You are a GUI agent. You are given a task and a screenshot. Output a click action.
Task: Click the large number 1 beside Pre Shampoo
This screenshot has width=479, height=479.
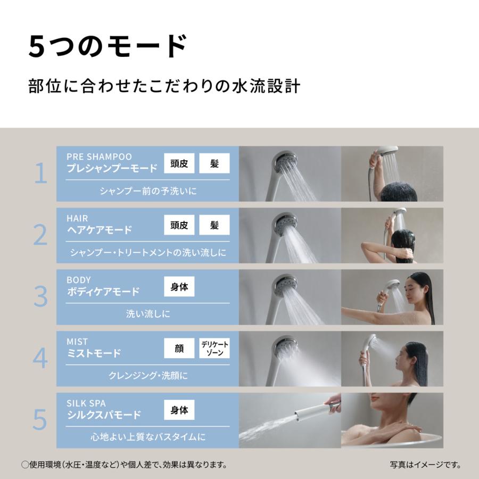(40, 174)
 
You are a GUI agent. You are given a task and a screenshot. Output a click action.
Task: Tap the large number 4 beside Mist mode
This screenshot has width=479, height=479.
(40, 359)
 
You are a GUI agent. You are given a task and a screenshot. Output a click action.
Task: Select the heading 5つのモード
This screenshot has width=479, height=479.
(107, 46)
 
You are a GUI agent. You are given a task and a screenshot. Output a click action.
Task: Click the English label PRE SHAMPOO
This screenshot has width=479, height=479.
(99, 156)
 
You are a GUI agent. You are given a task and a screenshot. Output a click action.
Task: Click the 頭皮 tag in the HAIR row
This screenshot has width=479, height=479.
(179, 225)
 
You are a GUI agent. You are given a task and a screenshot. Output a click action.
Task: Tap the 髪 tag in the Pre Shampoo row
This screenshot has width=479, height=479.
(214, 163)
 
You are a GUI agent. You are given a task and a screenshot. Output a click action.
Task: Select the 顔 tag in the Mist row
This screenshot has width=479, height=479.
(179, 349)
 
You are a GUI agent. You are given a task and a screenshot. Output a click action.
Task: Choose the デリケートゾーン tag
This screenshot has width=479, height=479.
(214, 349)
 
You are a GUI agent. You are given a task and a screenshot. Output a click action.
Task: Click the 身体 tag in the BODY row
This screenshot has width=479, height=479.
(179, 287)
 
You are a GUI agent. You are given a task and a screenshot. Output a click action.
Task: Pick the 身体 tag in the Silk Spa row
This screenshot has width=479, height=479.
(179, 410)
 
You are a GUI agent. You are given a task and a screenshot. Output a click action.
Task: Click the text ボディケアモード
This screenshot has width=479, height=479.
(103, 292)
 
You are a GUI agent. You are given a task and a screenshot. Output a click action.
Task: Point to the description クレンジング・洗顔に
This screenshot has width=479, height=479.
(148, 376)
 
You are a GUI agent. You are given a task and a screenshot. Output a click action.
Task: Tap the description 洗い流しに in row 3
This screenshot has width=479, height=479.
(148, 314)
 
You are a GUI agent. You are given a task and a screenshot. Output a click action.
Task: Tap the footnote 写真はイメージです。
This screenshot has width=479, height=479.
(425, 465)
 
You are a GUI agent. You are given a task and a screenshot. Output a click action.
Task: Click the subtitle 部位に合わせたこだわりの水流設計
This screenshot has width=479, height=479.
(164, 87)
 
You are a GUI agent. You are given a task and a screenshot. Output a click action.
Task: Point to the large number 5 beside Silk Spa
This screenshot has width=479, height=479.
(40, 420)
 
